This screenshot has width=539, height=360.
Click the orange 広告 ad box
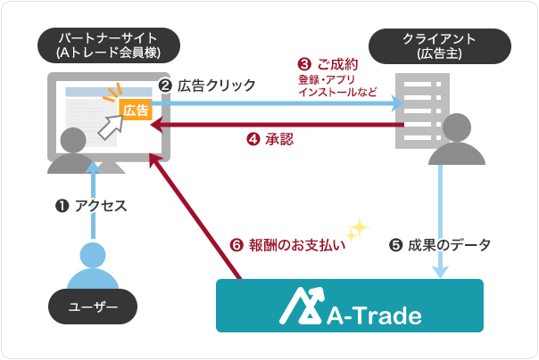click(x=136, y=110)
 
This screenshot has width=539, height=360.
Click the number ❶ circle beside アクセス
click(x=62, y=207)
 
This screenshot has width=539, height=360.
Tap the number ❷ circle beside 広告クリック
click(x=165, y=86)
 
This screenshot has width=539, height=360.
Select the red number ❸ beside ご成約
click(x=304, y=65)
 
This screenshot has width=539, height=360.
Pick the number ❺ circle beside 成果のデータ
click(x=394, y=245)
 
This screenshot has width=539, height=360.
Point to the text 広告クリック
click(x=216, y=86)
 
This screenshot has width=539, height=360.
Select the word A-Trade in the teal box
click(x=375, y=314)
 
